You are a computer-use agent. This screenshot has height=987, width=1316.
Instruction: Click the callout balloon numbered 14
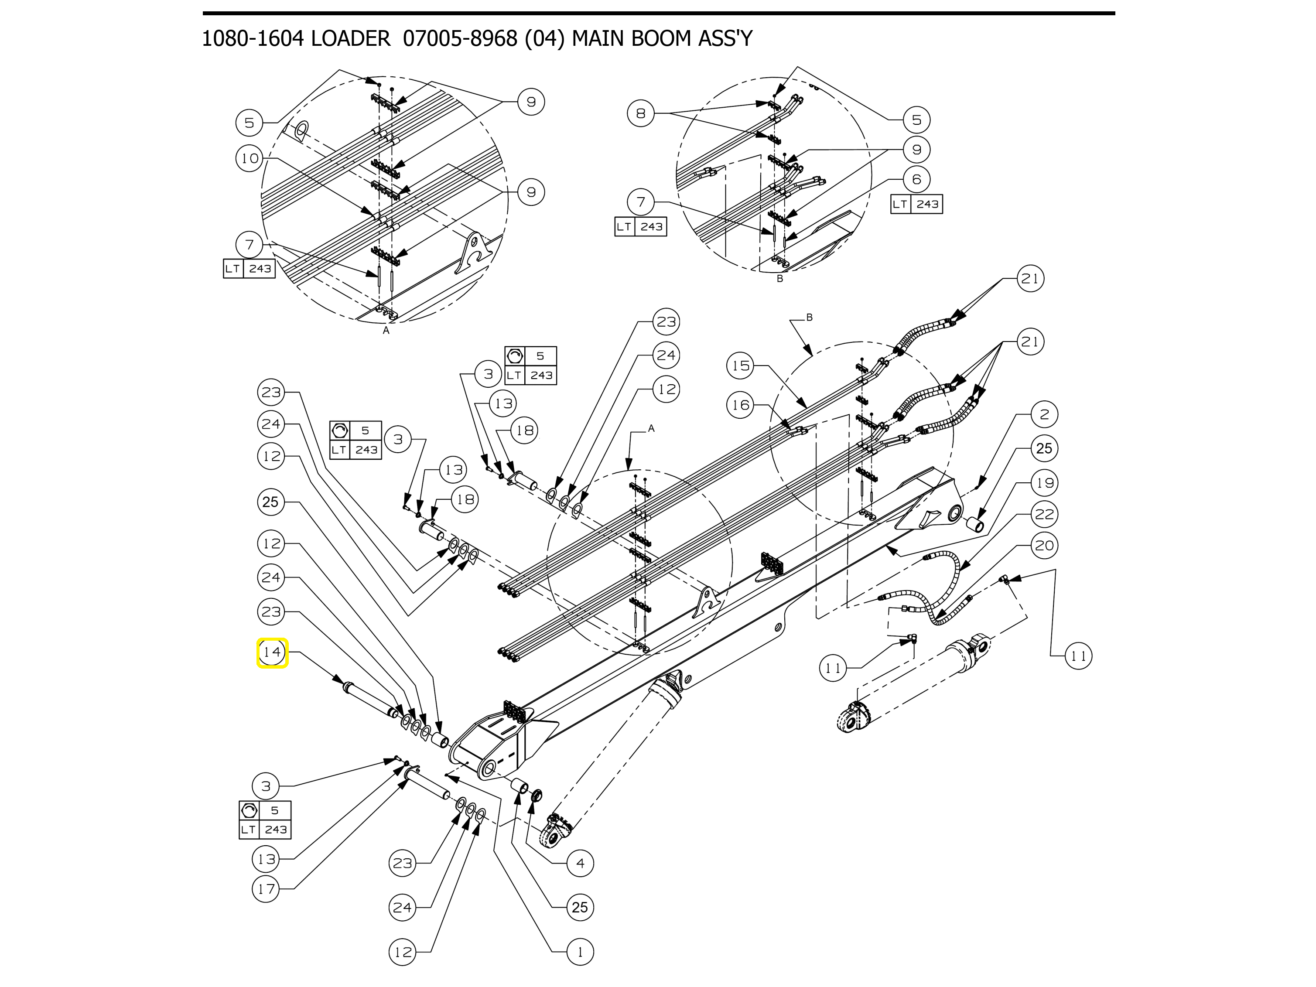[x=272, y=652]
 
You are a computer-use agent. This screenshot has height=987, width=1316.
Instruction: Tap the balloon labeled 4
[x=580, y=863]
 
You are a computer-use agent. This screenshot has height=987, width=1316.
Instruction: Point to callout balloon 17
[x=266, y=889]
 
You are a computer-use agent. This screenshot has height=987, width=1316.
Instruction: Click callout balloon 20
[x=1045, y=546]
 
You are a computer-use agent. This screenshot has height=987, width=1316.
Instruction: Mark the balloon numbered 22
[x=1045, y=514]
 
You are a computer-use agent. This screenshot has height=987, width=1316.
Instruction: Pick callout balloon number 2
[x=1045, y=415]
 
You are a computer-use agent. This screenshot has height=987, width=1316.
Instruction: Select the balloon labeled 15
[x=741, y=365]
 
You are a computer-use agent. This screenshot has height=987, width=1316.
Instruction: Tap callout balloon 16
[x=741, y=405]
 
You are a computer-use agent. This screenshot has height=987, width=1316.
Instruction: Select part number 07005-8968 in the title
[x=460, y=39]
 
